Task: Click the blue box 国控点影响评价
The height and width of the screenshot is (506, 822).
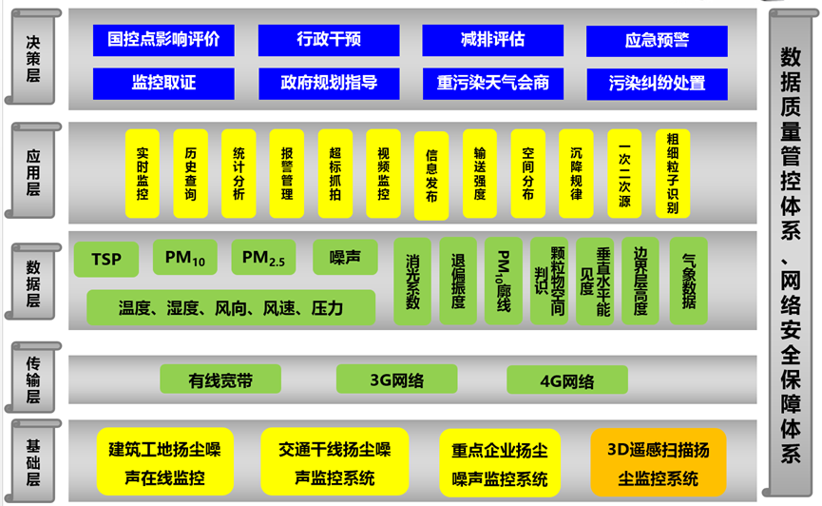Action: coord(163,40)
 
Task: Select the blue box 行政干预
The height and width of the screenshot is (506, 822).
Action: coord(329,40)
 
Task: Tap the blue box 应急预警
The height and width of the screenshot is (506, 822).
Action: coord(657,41)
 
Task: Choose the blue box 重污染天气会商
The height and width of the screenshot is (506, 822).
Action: coord(493,83)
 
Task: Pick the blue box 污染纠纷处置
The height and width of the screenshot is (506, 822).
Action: coord(657,83)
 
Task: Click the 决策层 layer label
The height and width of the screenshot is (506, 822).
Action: coord(33,55)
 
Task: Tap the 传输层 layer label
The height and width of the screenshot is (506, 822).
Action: coord(33,374)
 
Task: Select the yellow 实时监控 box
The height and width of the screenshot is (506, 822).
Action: coord(143,173)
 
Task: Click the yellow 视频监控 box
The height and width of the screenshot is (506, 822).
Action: coord(384,173)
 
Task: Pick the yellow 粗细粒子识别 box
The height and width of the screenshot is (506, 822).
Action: coord(673,173)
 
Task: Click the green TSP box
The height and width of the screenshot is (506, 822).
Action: coord(106,258)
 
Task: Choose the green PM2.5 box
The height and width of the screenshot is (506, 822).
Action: coord(263,257)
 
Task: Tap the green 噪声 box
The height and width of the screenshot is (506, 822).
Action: coord(345,257)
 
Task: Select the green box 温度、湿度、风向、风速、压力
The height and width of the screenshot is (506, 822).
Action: coord(231,307)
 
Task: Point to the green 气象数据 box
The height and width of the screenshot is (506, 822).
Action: coord(688,281)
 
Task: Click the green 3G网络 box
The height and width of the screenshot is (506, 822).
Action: coord(397,379)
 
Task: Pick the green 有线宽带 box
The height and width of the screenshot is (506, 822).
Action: coord(220,379)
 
